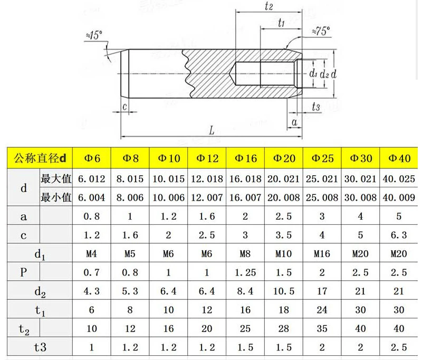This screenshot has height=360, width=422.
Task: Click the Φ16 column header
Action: click(245, 158)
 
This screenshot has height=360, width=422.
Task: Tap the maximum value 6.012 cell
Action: click(92, 179)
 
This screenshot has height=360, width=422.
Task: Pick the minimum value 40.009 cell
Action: click(399, 198)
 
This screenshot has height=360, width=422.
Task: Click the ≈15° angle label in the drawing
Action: click(93, 35)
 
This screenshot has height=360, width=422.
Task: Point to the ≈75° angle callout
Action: click(320, 31)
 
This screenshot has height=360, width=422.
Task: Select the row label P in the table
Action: click(23, 272)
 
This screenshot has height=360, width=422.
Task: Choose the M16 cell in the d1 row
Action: click(322, 254)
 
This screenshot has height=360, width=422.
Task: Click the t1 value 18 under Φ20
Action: click(284, 310)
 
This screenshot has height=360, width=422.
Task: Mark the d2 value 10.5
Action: click(284, 291)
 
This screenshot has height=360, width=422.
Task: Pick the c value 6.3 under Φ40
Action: click(399, 235)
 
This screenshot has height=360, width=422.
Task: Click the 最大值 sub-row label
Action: click(56, 179)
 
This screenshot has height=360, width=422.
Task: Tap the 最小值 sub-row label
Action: click(56, 198)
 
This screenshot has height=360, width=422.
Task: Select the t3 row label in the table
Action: click(40, 347)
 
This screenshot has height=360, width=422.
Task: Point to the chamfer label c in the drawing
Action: click(124, 107)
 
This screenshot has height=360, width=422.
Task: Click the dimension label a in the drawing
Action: click(294, 122)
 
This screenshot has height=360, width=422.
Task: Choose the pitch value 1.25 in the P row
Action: click(245, 272)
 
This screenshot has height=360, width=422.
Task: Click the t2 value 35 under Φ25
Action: click(322, 328)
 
